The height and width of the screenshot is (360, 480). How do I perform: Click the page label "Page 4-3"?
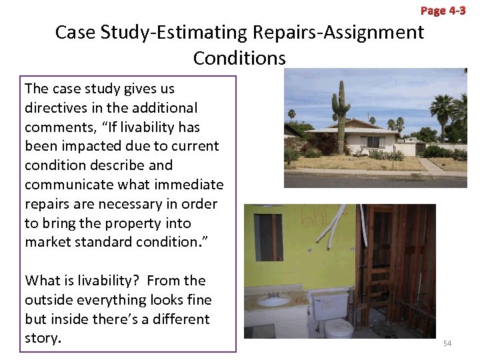click(443, 11)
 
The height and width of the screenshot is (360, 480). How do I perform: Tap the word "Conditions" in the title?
click(239, 58)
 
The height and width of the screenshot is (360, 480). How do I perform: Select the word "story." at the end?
click(43, 338)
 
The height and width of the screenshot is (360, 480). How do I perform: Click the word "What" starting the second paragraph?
click(43, 281)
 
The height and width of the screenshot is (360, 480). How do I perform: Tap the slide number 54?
click(447, 343)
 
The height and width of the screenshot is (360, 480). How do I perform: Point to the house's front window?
click(372, 141)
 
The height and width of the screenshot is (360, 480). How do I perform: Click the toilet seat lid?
click(339, 327)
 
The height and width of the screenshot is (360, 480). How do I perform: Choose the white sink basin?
click(273, 302)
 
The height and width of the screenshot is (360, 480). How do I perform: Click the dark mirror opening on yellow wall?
click(268, 237)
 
